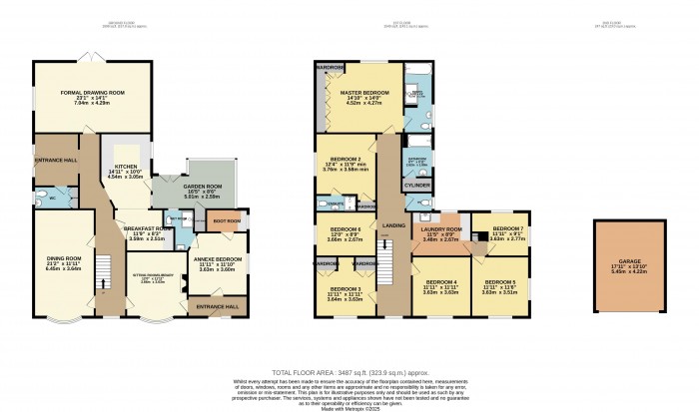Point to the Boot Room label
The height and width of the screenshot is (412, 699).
pos(226,220)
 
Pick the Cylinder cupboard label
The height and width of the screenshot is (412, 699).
pos(417,187)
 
